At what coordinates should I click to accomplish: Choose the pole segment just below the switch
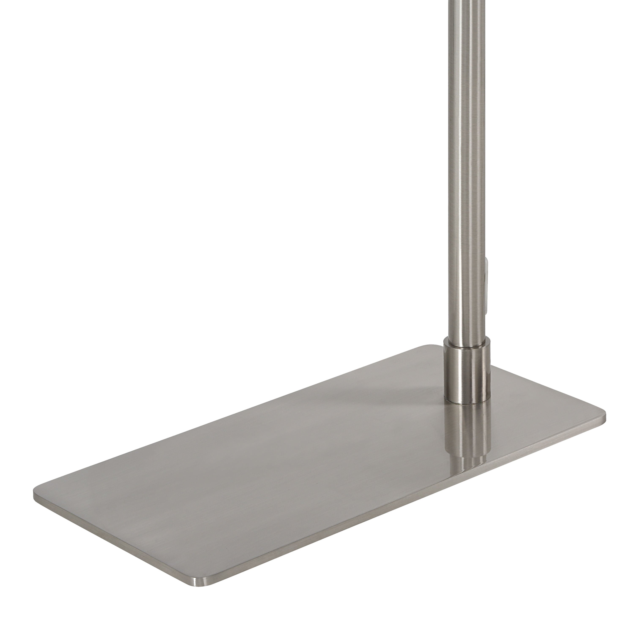coord(465,328)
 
